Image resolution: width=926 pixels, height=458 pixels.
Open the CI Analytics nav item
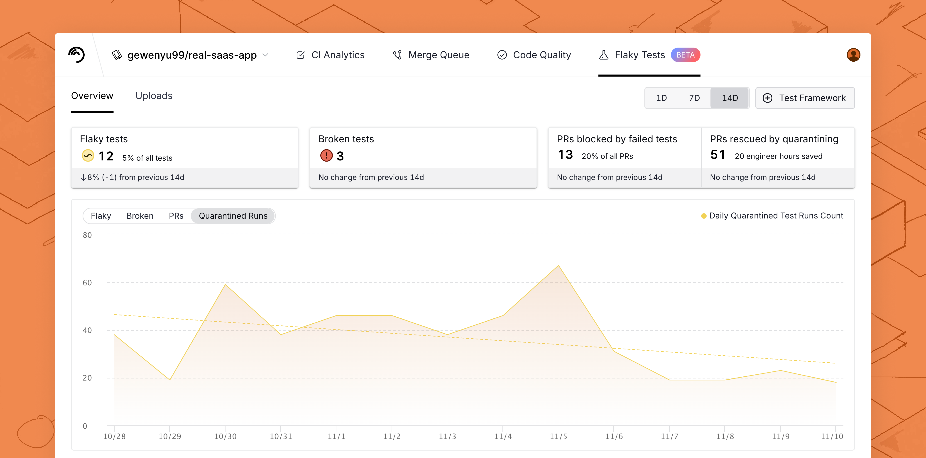330,55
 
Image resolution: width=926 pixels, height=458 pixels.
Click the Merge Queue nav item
431,55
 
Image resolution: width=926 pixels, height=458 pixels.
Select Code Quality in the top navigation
534,55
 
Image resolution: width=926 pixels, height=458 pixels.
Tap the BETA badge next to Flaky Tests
685,55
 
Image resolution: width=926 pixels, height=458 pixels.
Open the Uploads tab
154,96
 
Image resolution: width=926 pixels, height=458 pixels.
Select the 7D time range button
694,98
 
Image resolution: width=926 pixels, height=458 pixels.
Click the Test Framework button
805,98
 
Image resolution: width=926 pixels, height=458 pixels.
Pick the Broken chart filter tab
140,216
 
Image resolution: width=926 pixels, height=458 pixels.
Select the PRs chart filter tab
176,216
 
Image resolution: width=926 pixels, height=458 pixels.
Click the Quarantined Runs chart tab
233,216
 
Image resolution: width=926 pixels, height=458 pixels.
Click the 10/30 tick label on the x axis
225,436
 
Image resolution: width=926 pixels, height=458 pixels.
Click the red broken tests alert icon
326,156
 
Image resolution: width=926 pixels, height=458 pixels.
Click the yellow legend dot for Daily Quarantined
703,216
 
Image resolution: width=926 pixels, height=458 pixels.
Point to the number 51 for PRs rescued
718,155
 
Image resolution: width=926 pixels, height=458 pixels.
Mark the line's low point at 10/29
170,380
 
